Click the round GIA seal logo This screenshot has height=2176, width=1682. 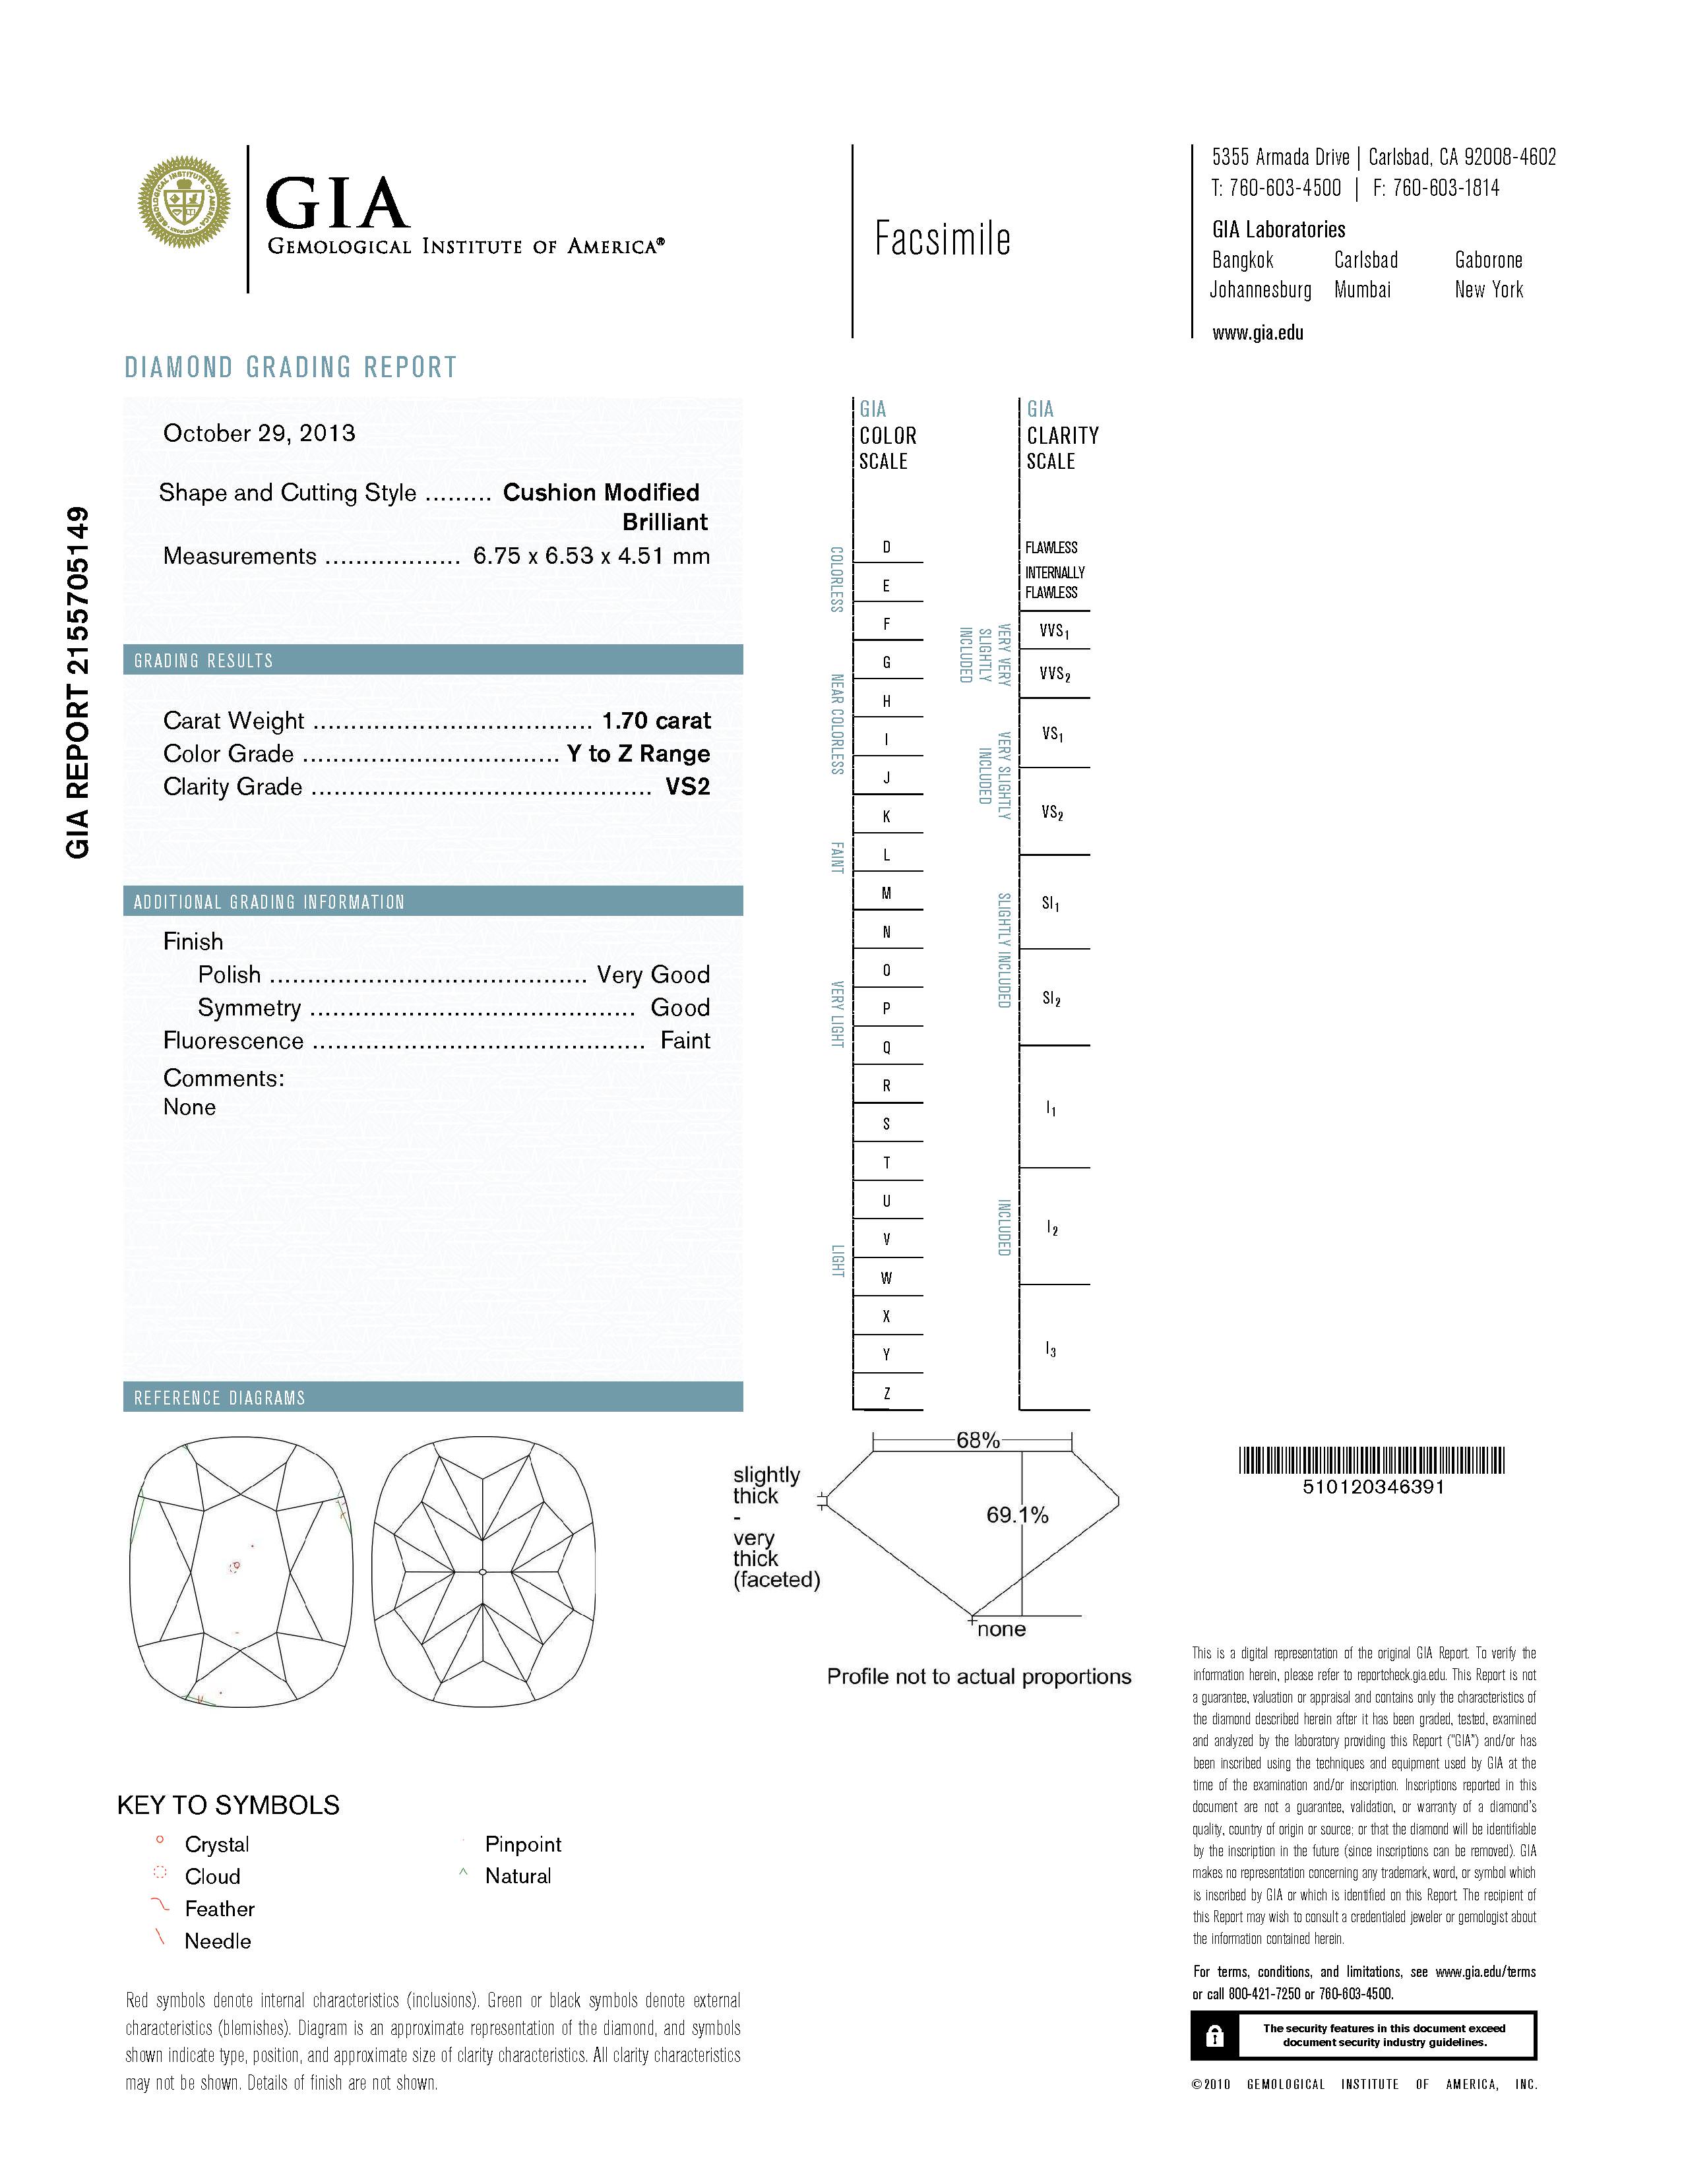click(x=183, y=202)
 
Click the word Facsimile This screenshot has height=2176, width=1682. click(x=942, y=239)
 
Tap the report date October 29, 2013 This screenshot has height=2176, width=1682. click(x=259, y=433)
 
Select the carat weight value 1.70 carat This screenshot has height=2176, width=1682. click(x=656, y=720)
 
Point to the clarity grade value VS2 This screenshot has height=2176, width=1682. click(x=687, y=786)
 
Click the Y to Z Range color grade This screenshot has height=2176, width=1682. click(x=638, y=753)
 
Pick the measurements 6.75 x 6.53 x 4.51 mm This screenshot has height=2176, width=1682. click(x=591, y=556)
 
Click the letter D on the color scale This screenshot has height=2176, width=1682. click(x=886, y=547)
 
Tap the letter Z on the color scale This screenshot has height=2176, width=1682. click(x=886, y=1393)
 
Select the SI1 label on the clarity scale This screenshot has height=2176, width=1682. click(x=1050, y=903)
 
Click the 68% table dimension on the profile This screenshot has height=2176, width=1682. click(x=978, y=1439)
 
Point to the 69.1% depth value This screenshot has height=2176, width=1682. click(x=1017, y=1515)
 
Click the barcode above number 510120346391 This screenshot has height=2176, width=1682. click(x=1372, y=1461)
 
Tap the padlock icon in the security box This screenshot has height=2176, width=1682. click(x=1214, y=2036)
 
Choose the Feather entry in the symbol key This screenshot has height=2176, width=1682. click(x=219, y=1908)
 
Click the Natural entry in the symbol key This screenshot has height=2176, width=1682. click(x=517, y=1875)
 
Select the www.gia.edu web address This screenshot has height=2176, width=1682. click(x=1257, y=333)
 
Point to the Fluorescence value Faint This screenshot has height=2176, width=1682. click(x=685, y=1040)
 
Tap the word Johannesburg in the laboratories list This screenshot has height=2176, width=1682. click(x=1261, y=290)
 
